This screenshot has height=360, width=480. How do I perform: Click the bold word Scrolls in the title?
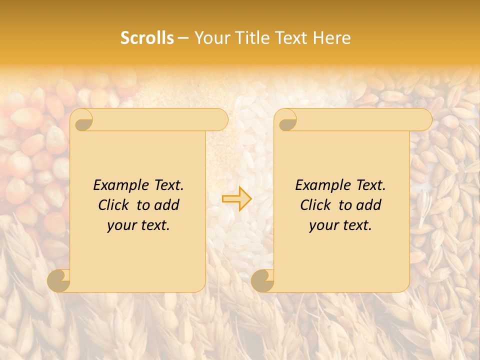click(147, 38)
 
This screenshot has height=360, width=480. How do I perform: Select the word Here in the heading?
click(331, 38)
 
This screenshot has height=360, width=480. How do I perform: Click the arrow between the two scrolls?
click(237, 198)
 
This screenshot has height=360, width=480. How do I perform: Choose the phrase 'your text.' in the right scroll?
click(340, 225)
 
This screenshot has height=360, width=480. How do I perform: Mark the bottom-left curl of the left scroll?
click(59, 280)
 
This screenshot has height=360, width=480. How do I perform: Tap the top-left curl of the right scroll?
click(286, 120)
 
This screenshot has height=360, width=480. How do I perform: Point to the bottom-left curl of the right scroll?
click(263, 280)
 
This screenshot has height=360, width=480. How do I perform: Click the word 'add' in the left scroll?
click(166, 205)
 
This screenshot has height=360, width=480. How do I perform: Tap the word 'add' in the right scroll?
click(368, 205)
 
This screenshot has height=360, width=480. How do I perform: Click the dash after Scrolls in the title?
click(183, 38)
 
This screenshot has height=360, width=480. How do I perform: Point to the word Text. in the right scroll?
click(371, 185)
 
